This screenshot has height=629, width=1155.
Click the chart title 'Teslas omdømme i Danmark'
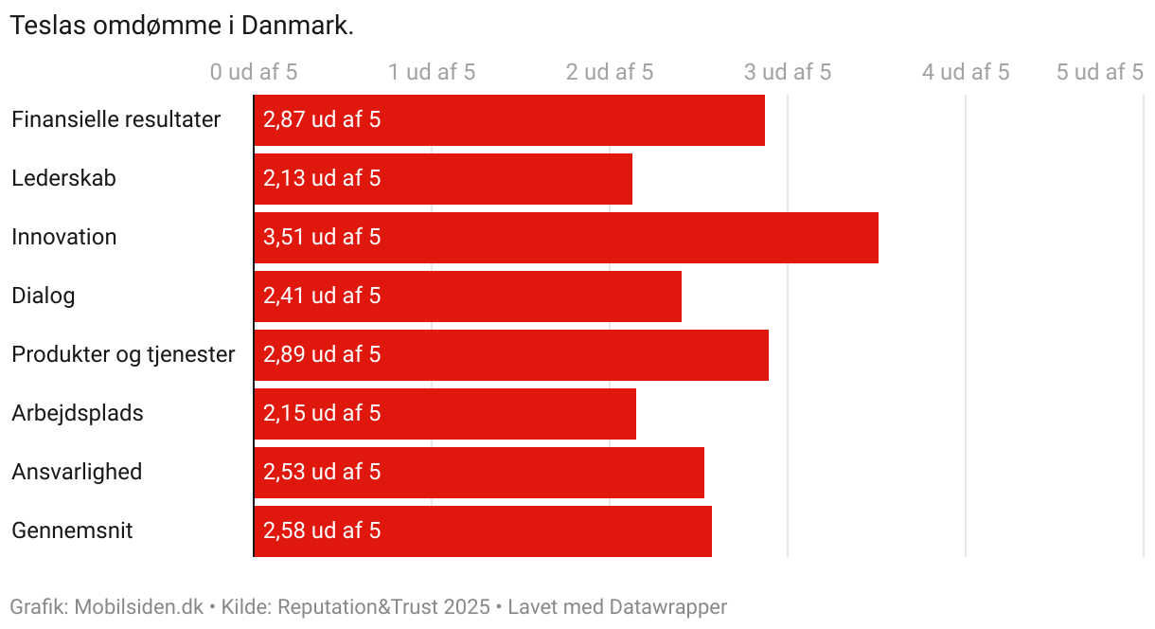182,26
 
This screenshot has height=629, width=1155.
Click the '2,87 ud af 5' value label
322,120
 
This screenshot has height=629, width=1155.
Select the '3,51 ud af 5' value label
322,238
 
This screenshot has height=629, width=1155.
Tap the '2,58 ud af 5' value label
322,531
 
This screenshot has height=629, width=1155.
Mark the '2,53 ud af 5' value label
322,473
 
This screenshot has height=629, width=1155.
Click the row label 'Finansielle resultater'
115,120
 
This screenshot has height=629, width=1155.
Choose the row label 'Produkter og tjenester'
123,355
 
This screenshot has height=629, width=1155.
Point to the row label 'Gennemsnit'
72,531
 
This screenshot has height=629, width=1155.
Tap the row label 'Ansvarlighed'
77,473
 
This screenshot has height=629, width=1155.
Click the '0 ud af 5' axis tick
254,72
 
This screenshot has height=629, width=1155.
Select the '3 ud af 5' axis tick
788,72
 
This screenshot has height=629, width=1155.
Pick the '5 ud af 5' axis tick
1100,72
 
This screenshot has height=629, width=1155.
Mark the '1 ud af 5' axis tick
432,72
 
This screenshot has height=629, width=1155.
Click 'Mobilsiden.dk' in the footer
138,607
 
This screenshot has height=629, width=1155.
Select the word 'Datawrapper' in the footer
668,607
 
